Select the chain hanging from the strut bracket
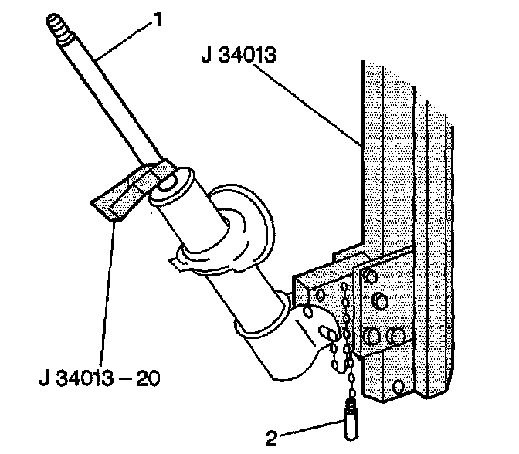[344, 340]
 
